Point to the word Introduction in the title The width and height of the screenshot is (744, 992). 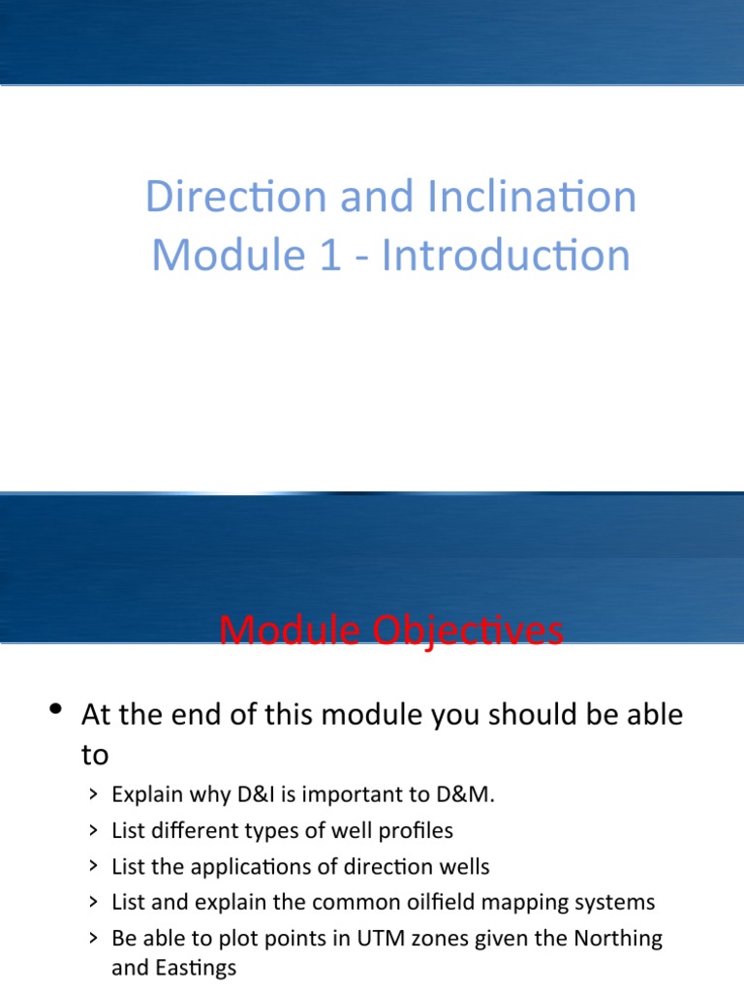(506, 256)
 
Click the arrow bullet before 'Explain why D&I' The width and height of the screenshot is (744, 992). (91, 796)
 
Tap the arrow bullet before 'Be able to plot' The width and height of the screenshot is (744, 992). (91, 940)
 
